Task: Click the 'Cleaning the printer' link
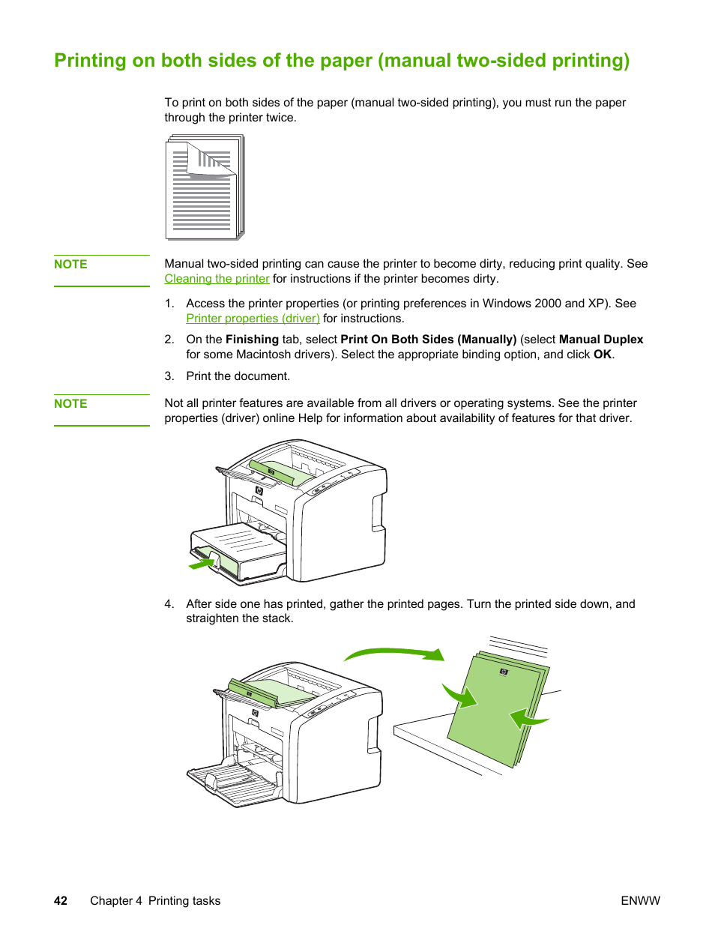pyautogui.click(x=217, y=278)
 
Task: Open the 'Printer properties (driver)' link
pyautogui.click(x=253, y=319)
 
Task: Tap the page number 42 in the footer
pyautogui.click(x=61, y=900)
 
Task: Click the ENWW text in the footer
pyautogui.click(x=640, y=900)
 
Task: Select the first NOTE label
pyautogui.click(x=70, y=264)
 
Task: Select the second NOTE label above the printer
pyautogui.click(x=70, y=403)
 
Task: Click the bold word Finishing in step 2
pyautogui.click(x=252, y=340)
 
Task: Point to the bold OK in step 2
pyautogui.click(x=603, y=355)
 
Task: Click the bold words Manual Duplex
pyautogui.click(x=601, y=339)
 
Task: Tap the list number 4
pyautogui.click(x=169, y=603)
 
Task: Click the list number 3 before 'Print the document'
pyautogui.click(x=169, y=376)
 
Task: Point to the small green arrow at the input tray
pyautogui.click(x=202, y=564)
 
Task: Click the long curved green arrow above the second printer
pyautogui.click(x=394, y=651)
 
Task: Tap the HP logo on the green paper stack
pyautogui.click(x=504, y=672)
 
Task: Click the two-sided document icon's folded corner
pyautogui.click(x=211, y=160)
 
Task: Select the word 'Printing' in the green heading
pyautogui.click(x=90, y=60)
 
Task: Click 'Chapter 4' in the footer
pyautogui.click(x=116, y=900)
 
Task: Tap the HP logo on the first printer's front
pyautogui.click(x=259, y=490)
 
